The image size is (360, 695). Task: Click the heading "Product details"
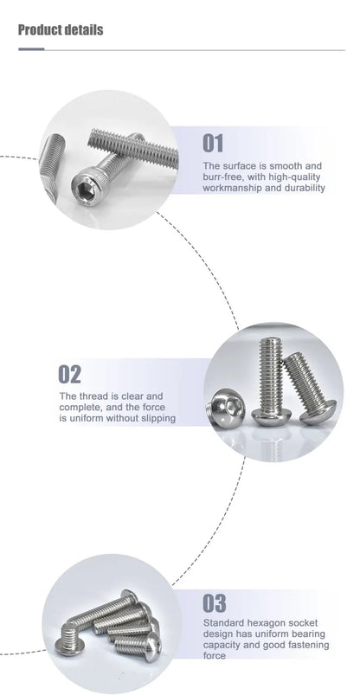point(61,30)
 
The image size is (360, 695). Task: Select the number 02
point(70,374)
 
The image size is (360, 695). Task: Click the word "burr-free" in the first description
point(222,177)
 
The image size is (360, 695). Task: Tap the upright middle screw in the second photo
point(270,381)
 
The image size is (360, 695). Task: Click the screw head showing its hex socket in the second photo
point(222,405)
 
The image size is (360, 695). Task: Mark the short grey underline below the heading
point(31,48)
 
